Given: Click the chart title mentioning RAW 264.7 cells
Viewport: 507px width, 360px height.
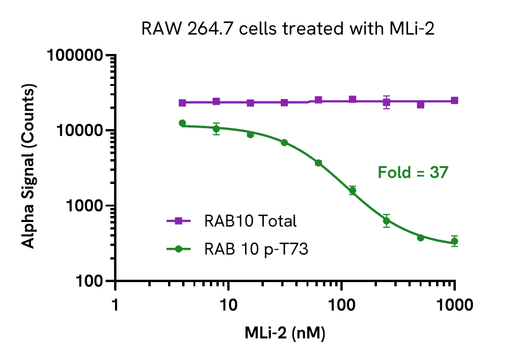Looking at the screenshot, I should pos(288,30).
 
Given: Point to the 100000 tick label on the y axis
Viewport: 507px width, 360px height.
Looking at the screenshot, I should pos(76,55).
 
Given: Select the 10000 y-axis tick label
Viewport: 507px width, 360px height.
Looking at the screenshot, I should pos(80,130).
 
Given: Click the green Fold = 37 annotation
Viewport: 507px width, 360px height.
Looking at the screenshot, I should pos(413,173).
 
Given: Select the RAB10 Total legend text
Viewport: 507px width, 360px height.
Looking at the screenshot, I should pos(250,221).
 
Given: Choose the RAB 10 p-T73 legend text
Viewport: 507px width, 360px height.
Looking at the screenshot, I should pos(256,249).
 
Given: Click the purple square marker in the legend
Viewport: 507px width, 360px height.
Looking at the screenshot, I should pos(178,221).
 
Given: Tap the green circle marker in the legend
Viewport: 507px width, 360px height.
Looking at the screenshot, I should pos(178,249).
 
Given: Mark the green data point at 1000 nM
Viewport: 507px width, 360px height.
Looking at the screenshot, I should pos(454,241).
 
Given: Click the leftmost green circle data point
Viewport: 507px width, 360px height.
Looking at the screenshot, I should pos(183,123).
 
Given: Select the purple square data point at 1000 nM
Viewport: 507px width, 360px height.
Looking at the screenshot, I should pos(454,100).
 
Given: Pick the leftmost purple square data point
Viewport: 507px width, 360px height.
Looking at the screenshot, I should pos(183,103).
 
